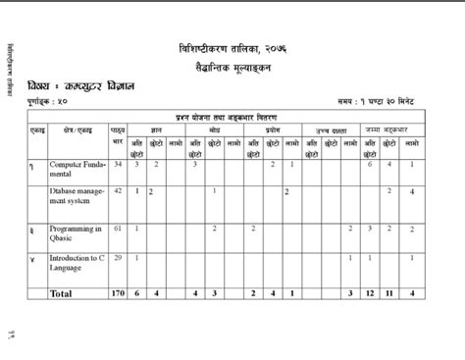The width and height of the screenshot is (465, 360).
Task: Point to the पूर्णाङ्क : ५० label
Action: click(x=48, y=102)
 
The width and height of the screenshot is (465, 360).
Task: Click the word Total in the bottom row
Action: click(x=62, y=292)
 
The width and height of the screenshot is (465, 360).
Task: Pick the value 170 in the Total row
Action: click(x=118, y=292)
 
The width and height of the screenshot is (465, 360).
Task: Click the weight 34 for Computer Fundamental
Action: click(x=118, y=164)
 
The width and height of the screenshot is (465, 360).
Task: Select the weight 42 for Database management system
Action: click(x=118, y=190)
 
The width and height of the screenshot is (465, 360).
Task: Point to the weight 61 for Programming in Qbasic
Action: click(x=118, y=228)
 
